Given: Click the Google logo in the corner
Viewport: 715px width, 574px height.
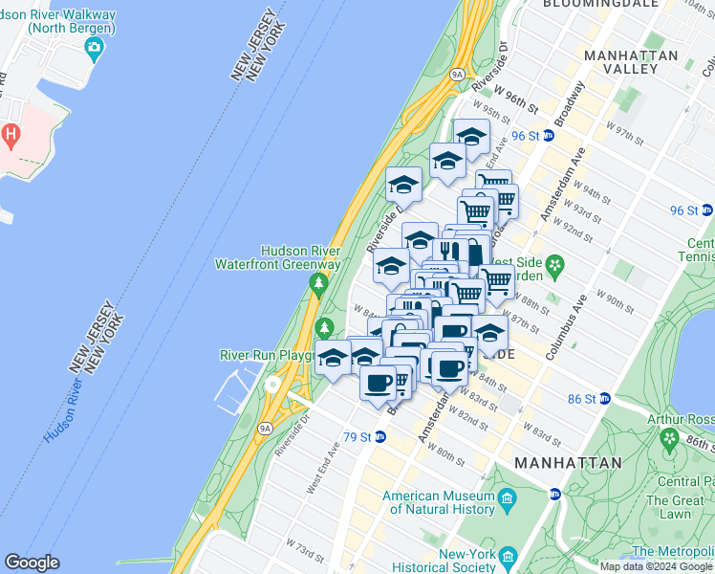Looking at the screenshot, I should [x=32, y=563].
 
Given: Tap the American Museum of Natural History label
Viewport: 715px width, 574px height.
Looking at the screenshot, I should [x=439, y=502].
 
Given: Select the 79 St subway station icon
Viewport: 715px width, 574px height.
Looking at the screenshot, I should [x=380, y=437].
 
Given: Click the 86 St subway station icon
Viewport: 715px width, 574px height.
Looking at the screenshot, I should [x=604, y=398].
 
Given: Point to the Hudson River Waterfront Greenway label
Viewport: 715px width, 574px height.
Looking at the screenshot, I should [x=277, y=256].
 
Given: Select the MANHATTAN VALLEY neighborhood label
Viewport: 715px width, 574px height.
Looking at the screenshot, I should [x=631, y=62].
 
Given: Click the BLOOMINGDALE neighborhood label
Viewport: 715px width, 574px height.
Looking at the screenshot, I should [x=600, y=4].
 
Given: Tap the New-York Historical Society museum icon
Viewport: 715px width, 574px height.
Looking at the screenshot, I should [x=508, y=556].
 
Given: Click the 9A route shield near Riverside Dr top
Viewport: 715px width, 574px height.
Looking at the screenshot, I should [x=457, y=74].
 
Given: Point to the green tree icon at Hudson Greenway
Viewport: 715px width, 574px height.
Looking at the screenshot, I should [x=318, y=283].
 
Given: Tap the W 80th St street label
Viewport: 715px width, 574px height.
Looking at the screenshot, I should [x=444, y=450].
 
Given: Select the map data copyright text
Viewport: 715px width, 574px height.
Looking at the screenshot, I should [x=656, y=566].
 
